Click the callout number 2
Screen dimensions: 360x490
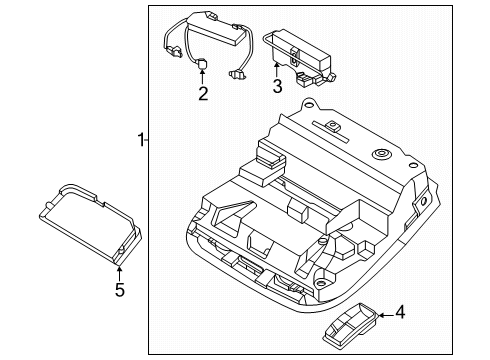[202, 94]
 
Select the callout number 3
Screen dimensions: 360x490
[277, 87]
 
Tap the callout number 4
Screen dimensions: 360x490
[399, 313]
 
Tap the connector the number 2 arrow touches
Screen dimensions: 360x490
[201, 64]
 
